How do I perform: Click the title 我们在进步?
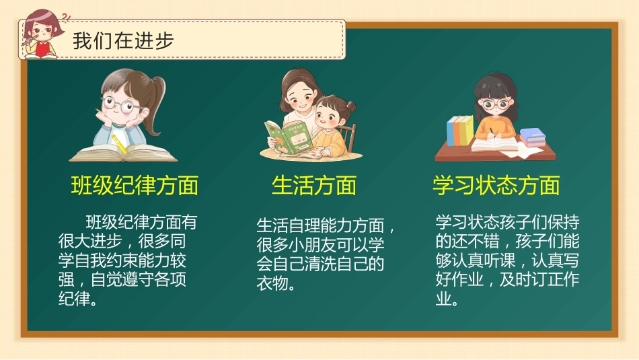tap(123, 41)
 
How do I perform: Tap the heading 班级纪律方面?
tap(135, 186)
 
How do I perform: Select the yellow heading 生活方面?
tap(314, 186)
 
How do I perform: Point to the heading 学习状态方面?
tap(496, 186)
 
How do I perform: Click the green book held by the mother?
tap(289, 137)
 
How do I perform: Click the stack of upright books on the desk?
tap(460, 131)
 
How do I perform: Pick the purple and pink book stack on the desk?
tap(533, 137)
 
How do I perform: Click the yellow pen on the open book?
tap(119, 144)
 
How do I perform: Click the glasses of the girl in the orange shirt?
tap(496, 104)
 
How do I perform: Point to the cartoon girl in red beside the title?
tap(42, 34)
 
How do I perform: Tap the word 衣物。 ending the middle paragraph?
tap(276, 283)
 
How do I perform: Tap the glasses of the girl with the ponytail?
tap(120, 104)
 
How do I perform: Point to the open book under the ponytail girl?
tap(123, 153)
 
